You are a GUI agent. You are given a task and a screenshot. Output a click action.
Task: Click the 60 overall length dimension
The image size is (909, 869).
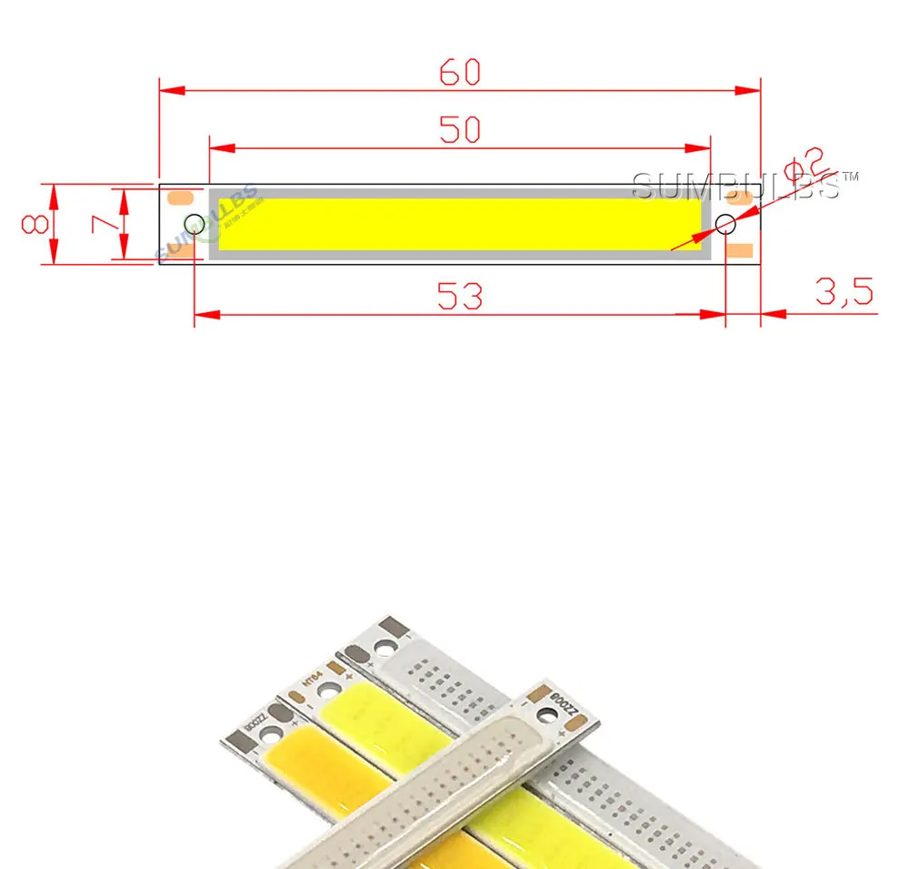pyautogui.click(x=459, y=72)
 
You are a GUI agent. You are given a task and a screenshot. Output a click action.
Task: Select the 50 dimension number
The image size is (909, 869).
pyautogui.click(x=459, y=130)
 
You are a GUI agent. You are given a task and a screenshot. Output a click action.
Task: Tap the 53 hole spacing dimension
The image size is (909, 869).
pyautogui.click(x=459, y=296)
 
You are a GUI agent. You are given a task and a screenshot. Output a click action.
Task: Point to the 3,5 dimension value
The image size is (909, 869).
pyautogui.click(x=844, y=292)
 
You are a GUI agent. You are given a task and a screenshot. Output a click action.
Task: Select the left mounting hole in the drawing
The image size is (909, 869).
pyautogui.click(x=194, y=224)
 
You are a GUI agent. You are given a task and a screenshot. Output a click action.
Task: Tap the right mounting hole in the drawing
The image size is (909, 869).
pyautogui.click(x=725, y=224)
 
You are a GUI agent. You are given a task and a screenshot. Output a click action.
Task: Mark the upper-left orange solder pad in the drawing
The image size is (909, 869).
pyautogui.click(x=185, y=197)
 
